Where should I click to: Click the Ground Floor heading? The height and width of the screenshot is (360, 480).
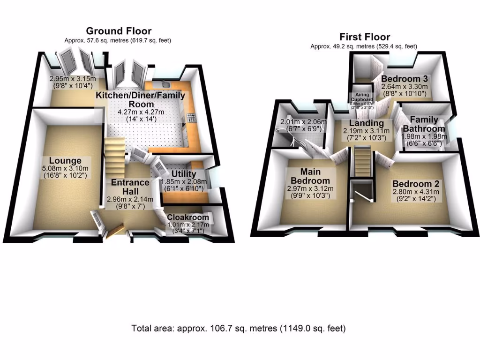[x=118, y=31]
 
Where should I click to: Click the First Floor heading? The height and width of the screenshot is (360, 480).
[x=365, y=37]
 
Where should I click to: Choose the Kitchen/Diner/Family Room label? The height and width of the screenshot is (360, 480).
[x=141, y=99]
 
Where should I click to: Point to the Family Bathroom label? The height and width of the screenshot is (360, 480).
[x=424, y=124]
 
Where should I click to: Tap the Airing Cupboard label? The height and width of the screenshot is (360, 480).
[x=363, y=97]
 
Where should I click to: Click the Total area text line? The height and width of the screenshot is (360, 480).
[x=239, y=328]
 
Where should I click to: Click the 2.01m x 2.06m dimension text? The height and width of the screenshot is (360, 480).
[x=303, y=123]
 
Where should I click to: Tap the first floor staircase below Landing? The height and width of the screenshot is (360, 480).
[x=362, y=162]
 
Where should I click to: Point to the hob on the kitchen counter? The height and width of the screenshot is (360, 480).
[x=191, y=118]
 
